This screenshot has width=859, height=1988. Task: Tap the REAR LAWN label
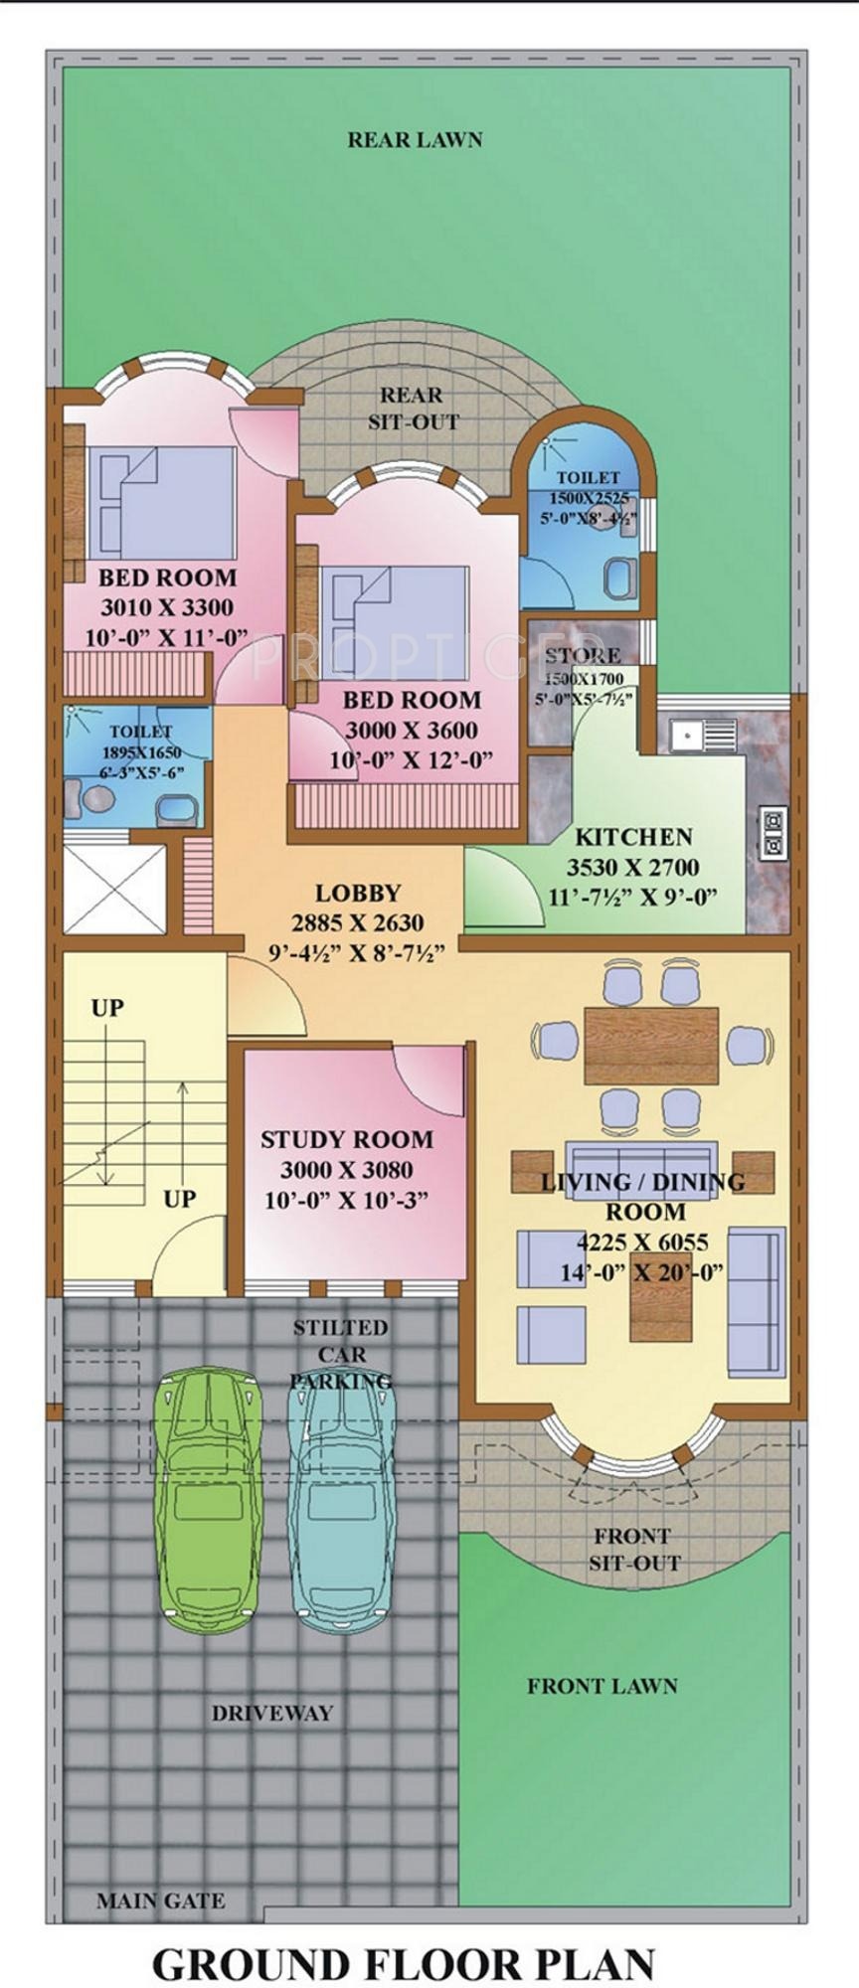click(x=415, y=139)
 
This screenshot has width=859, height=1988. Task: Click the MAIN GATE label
click(x=160, y=1902)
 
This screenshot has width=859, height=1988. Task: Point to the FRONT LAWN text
click(x=602, y=1686)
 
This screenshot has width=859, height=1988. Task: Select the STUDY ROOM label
click(x=347, y=1139)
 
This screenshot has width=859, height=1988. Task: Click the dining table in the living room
click(x=651, y=1046)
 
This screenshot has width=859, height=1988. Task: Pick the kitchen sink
click(x=687, y=737)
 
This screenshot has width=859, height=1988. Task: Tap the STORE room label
click(x=583, y=656)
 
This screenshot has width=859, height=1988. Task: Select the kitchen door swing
click(x=497, y=888)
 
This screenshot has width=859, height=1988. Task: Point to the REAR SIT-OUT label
click(x=413, y=409)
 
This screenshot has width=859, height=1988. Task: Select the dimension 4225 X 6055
click(x=642, y=1242)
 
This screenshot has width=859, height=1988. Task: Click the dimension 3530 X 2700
click(x=633, y=867)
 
